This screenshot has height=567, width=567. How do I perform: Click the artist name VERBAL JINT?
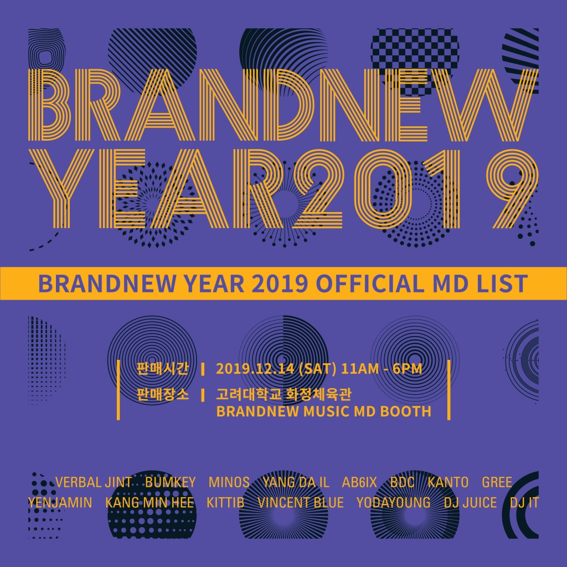click(x=94, y=482)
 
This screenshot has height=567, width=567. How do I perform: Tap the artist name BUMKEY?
click(x=171, y=482)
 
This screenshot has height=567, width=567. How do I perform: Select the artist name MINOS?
click(x=229, y=482)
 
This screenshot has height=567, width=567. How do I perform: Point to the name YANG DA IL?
click(x=296, y=482)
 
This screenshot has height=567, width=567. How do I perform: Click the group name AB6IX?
click(x=359, y=482)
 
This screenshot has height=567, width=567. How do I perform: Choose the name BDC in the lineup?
click(x=402, y=482)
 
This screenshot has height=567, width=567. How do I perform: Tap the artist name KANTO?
click(x=448, y=482)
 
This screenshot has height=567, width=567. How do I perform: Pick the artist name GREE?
click(x=497, y=482)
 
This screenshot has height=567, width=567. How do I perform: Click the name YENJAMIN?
click(x=60, y=503)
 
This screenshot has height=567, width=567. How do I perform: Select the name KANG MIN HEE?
click(x=150, y=503)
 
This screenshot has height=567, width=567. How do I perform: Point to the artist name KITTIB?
click(x=225, y=503)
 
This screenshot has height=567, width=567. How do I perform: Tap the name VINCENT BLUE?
click(x=301, y=503)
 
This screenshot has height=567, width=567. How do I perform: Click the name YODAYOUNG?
click(x=394, y=503)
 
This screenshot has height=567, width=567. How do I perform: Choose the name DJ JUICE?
click(x=470, y=503)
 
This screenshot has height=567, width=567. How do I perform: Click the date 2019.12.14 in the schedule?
click(x=255, y=369)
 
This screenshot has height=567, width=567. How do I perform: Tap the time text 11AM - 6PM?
click(x=382, y=369)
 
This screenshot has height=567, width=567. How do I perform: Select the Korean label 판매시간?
click(x=163, y=369)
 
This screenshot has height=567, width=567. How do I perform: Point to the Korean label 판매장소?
click(x=163, y=394)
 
